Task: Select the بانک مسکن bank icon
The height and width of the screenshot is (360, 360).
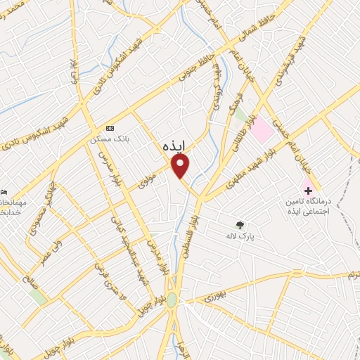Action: (109, 128)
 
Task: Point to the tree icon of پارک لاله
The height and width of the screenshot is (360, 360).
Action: (240, 226)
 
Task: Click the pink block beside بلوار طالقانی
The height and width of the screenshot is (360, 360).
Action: (262, 129)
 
